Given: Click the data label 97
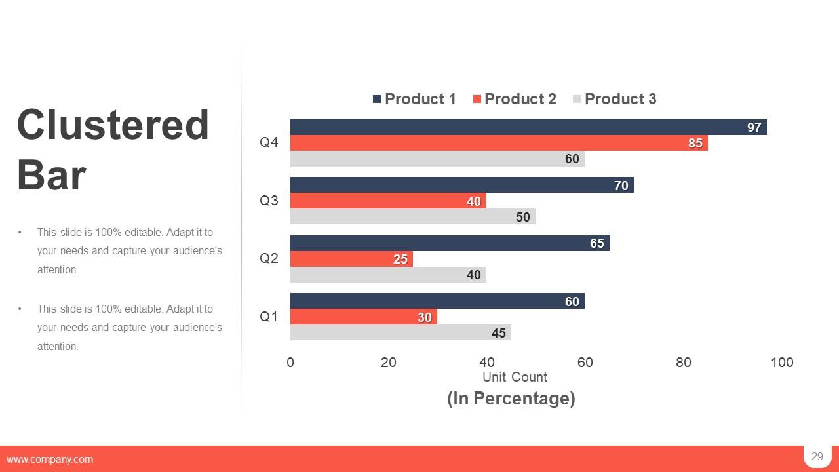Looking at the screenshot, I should tap(754, 127).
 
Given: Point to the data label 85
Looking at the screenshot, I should tap(695, 143).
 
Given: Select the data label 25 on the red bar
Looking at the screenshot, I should tap(400, 259).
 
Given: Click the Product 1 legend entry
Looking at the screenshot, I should tap(414, 99).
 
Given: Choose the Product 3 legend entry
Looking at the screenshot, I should tap(614, 99).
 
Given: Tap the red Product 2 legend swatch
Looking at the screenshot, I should tap(477, 99).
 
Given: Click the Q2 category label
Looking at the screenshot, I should tap(269, 258).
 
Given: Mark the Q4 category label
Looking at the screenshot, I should tap(269, 142).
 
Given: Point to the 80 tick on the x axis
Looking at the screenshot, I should tap(683, 363).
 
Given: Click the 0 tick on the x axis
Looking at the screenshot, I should tap(290, 363).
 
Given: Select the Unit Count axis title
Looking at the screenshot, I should tap(515, 377).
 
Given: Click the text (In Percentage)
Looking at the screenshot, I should tap(511, 398).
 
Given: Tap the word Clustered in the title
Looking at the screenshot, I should tap(113, 125).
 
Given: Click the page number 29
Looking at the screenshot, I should tap(817, 457).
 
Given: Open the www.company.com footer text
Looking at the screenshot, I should tap(50, 460).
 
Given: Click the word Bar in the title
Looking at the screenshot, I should tap(51, 176).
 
